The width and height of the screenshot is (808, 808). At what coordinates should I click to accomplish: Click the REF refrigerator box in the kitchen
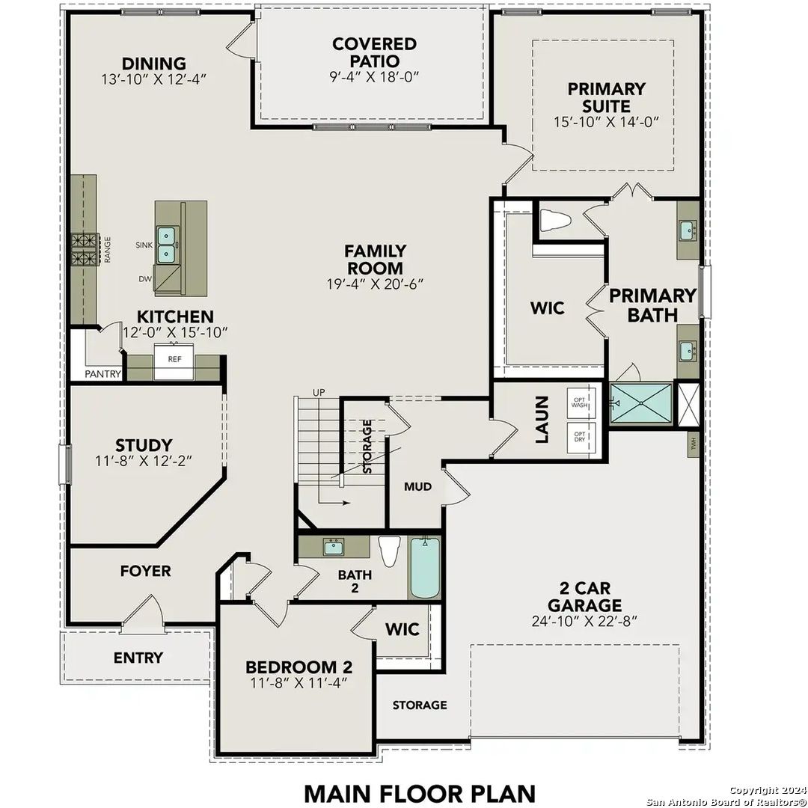coord(174,361)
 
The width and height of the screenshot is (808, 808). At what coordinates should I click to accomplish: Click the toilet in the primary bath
coord(555,220)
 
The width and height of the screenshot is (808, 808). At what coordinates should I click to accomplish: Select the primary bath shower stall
coord(640,405)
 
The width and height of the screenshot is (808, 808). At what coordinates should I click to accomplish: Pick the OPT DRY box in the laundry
coord(580,437)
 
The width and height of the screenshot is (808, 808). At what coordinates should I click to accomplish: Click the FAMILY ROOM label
coord(376,260)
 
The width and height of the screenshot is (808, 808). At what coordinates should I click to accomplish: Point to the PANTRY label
coord(102,374)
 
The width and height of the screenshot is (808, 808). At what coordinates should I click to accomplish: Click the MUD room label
coord(417,487)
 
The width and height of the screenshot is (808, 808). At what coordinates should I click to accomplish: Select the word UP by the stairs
coord(319,393)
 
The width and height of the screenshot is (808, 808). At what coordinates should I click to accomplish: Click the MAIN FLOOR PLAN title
coord(420,792)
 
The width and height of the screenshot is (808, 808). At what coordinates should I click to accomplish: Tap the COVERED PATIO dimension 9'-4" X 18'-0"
coord(376,76)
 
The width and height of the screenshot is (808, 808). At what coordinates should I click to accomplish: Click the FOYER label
coord(145,571)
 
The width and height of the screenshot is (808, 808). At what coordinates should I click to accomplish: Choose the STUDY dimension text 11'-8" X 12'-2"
coord(144,462)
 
